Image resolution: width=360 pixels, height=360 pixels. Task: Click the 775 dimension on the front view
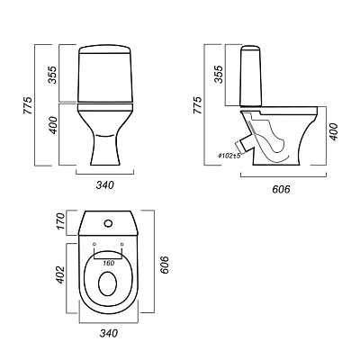click(x=28, y=105)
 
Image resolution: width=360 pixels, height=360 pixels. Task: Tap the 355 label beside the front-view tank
click(x=53, y=75)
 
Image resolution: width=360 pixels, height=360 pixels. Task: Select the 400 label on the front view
click(x=53, y=124)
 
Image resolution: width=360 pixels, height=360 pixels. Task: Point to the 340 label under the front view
click(x=105, y=185)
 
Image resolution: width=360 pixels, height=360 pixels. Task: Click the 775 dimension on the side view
click(x=197, y=105)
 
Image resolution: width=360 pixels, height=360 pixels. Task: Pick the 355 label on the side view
click(x=219, y=75)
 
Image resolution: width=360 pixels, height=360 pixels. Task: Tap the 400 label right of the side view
click(x=334, y=131)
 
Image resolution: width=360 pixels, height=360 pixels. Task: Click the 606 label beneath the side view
click(x=281, y=189)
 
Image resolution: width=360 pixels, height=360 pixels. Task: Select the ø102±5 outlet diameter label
click(x=229, y=156)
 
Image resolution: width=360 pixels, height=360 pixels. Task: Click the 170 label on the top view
click(x=60, y=220)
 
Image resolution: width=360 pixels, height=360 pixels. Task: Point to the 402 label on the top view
click(x=60, y=274)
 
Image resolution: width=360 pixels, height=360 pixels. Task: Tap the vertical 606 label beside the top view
click(x=165, y=265)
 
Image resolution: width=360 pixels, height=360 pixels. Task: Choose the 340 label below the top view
click(x=108, y=333)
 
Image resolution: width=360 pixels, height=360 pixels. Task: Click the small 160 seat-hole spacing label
click(x=108, y=263)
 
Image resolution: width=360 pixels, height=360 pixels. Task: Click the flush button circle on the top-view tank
click(x=108, y=223)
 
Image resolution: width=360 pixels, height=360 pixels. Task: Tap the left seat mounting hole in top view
click(x=94, y=244)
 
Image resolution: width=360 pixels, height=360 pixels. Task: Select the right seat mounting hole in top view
click(x=121, y=244)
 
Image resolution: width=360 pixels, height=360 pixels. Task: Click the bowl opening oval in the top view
click(x=108, y=283)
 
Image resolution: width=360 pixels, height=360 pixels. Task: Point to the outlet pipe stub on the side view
click(x=244, y=144)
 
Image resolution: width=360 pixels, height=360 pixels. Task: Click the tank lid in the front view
click(x=105, y=49)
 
